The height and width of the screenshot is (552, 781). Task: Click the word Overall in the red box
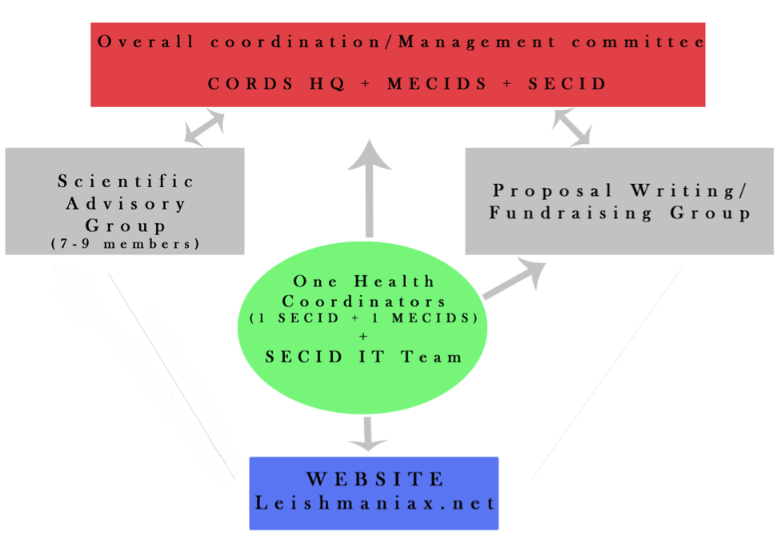pos(146,42)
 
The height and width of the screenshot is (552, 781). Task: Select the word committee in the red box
pos(638,42)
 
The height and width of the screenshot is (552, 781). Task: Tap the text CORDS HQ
pos(276,83)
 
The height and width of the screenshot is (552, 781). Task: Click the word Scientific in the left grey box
pos(126,181)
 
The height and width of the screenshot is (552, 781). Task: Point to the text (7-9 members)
pos(126,244)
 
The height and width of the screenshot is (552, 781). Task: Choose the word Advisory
pos(126,203)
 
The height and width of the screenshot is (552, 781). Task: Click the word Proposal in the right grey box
pos(552,190)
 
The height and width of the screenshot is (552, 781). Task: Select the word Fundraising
pos(571,213)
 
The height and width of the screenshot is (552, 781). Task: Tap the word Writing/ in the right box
pos(688,190)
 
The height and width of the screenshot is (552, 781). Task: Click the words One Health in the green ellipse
pos(364,282)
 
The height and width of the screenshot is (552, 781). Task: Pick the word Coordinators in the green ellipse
pos(363,301)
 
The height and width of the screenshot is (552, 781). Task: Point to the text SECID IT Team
pos(363,357)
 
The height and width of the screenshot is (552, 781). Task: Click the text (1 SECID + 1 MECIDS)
pos(363,318)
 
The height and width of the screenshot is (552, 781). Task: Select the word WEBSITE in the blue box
pos(375,479)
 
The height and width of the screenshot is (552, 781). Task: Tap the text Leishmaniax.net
pos(375,503)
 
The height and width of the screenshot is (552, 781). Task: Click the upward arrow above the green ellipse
pos(369,188)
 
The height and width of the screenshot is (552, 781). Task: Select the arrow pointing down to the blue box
pos(367,434)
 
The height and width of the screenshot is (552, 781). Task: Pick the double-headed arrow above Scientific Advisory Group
pos(204,128)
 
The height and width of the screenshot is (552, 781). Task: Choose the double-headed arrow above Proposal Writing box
pos(572,127)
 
